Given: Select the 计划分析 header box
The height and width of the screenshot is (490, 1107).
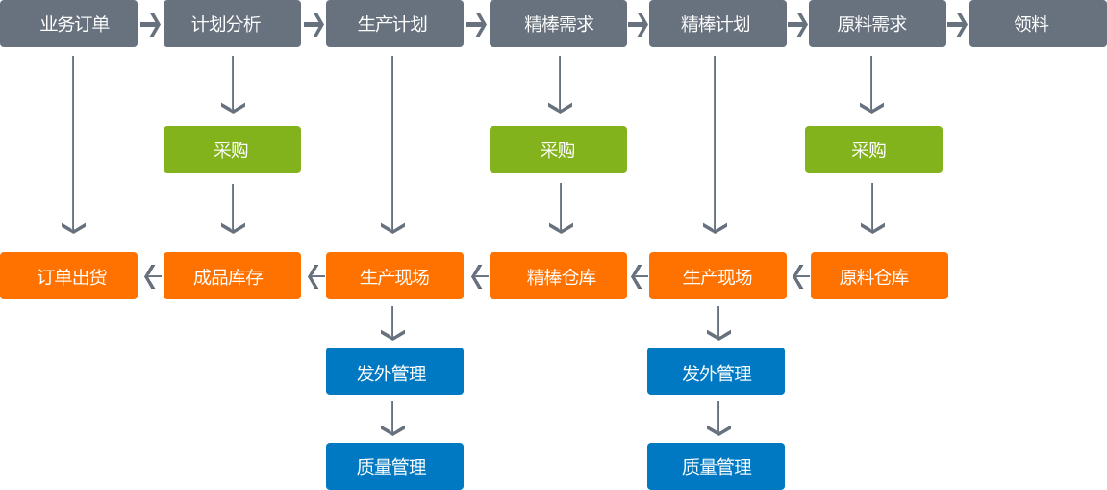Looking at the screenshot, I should click(232, 24).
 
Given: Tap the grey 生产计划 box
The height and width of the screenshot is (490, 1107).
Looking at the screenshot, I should click(393, 24).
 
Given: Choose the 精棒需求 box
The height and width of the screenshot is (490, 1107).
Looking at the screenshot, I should click(558, 24).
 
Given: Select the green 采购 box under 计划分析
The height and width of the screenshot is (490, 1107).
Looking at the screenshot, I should click(232, 150).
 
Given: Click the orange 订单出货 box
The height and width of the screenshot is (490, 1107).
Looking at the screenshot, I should click(69, 276).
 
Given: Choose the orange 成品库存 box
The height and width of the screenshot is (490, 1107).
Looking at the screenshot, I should click(232, 276).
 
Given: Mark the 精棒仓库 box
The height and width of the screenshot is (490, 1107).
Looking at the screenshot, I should click(558, 276).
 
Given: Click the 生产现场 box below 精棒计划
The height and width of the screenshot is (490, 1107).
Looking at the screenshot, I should click(717, 276).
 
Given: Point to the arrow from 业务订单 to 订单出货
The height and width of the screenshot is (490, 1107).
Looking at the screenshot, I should click(73, 144).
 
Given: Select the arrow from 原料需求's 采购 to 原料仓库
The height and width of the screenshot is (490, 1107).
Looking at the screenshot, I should click(872, 209).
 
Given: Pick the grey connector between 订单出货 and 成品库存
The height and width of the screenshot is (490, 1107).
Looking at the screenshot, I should click(152, 276).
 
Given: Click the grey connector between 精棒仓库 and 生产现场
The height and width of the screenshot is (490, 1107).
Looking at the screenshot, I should click(640, 276).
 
